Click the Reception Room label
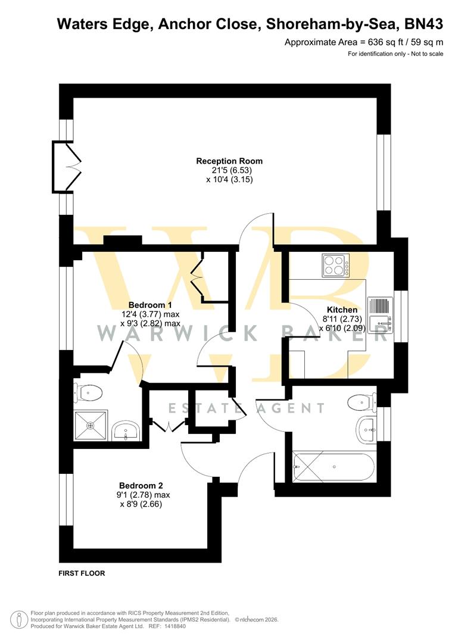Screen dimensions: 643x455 click(x=229, y=161)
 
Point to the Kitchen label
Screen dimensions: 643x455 click(x=342, y=310)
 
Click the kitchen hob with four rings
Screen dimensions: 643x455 click(x=336, y=266)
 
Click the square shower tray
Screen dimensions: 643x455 click(x=91, y=426)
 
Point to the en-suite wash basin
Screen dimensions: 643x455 click(x=126, y=430)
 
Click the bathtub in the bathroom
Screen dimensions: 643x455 click(x=334, y=467)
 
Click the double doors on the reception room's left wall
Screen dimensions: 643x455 click(x=67, y=167)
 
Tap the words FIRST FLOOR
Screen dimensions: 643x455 click(x=82, y=573)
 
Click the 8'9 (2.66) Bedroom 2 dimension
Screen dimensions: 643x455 click(x=142, y=504)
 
